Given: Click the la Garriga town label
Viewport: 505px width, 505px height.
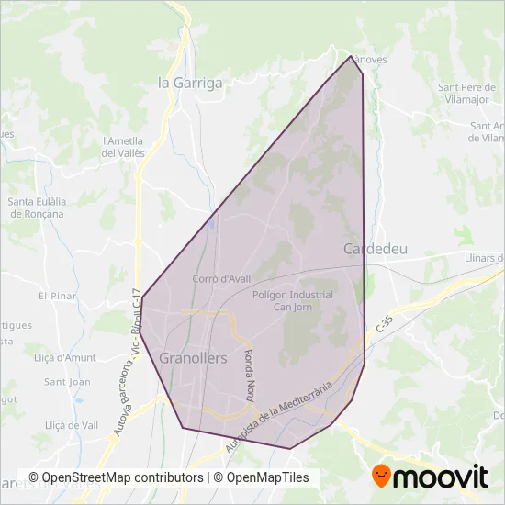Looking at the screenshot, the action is [191, 83].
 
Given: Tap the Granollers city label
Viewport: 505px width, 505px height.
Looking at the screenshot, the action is [193, 358].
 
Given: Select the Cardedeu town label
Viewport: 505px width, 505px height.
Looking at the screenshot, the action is [375, 249].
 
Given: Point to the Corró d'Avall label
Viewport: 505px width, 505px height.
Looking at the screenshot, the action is [217, 278].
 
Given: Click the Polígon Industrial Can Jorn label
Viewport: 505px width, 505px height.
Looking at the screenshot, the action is [292, 300].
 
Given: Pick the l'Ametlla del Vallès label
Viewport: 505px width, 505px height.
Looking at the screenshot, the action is [124, 147].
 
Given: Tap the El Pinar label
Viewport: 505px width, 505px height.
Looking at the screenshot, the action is [55, 296].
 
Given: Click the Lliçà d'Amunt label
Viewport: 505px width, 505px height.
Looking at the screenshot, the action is [65, 356].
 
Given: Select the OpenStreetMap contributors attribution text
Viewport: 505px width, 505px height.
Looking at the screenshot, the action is [116, 477].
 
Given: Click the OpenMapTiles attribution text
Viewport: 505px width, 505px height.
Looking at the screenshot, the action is [262, 477].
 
